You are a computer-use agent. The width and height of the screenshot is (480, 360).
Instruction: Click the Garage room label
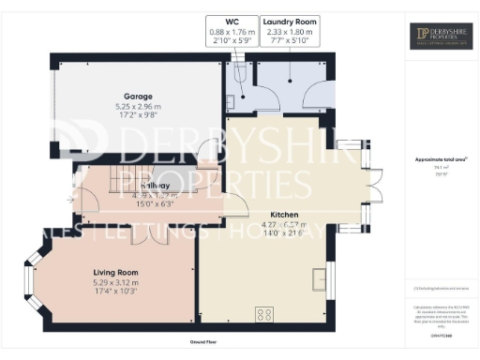click(x=139, y=96)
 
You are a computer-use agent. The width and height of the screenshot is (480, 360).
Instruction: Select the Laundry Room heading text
click(x=290, y=21)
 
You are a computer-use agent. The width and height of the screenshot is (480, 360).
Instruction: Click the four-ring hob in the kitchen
click(x=264, y=314)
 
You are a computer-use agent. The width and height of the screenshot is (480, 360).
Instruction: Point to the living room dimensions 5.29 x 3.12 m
click(x=114, y=282)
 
